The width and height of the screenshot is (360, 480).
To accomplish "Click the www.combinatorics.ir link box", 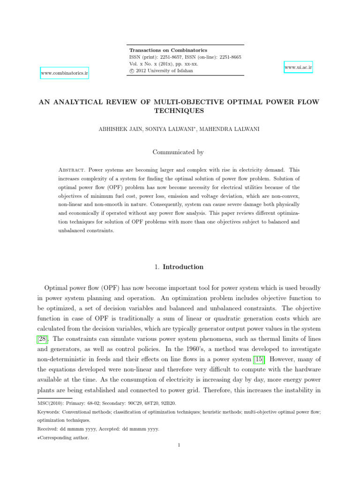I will pos(65,73).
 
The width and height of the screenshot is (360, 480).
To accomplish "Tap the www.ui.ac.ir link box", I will pos(298,67).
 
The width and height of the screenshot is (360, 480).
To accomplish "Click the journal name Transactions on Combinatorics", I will pos(168,50).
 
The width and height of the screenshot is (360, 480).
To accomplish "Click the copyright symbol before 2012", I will pos(132,71).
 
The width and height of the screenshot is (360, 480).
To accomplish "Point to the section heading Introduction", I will pos(183,267).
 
